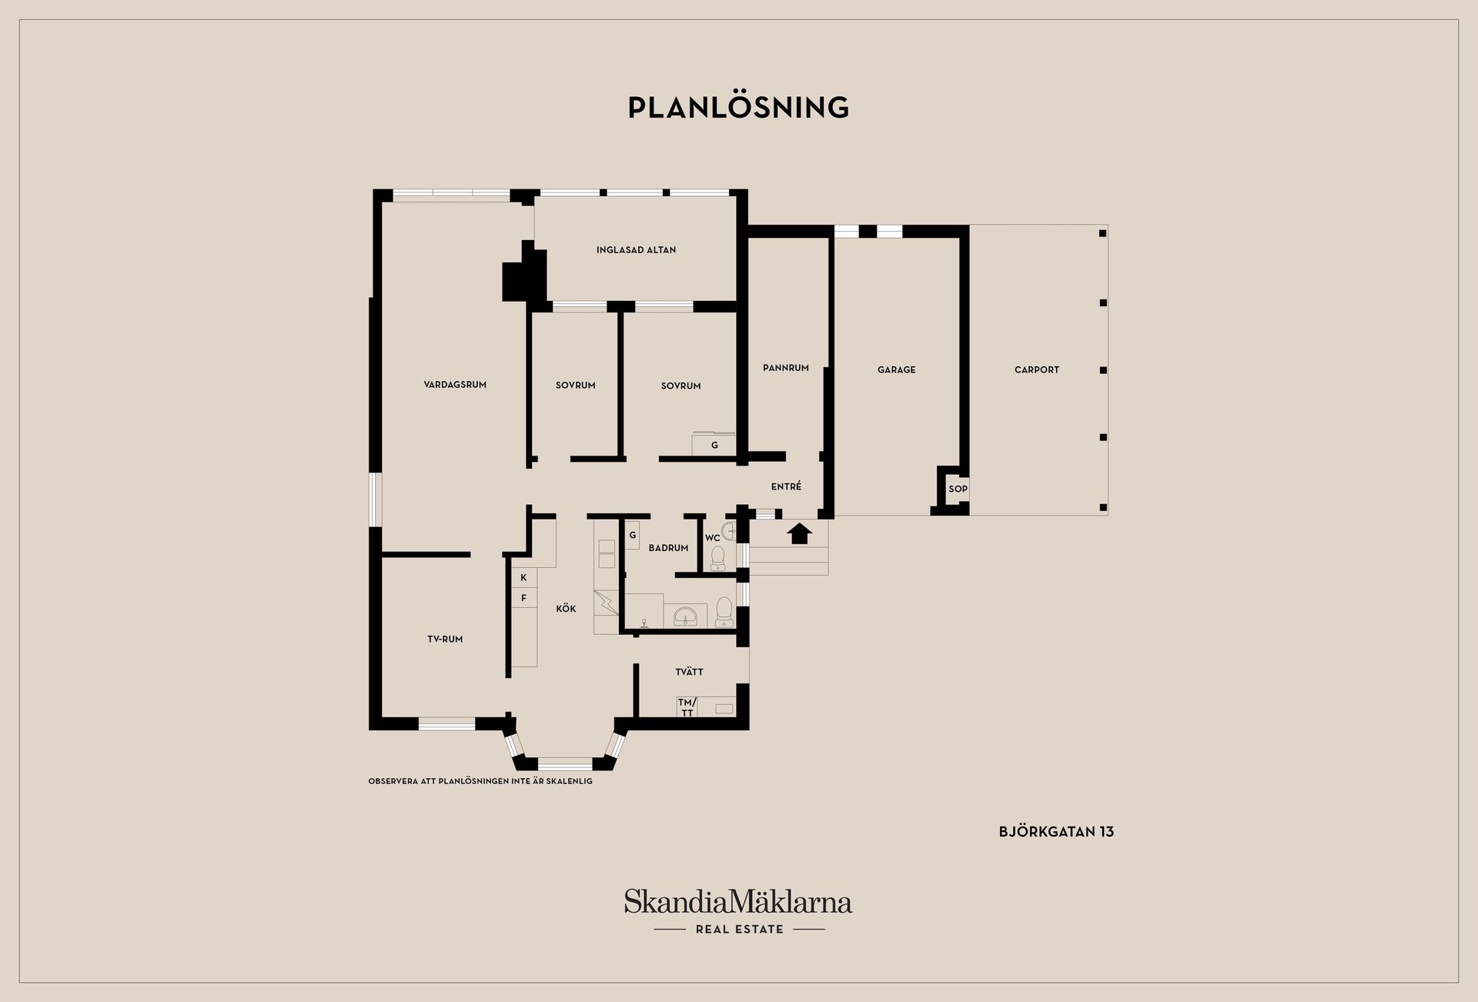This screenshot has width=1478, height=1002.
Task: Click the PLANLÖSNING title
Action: coord(738,107)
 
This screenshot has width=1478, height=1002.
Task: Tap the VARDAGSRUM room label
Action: coord(455,385)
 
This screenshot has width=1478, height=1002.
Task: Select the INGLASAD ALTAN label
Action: coord(636,250)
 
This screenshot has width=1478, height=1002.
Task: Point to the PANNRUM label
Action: coord(786,368)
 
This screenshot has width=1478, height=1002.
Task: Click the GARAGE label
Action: coord(897,370)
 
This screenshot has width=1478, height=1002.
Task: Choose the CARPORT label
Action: coord(1037,370)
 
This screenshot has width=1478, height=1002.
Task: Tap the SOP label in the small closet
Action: coord(958,489)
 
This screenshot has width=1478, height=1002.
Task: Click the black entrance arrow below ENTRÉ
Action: coord(800,533)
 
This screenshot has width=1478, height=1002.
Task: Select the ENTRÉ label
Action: coord(786,486)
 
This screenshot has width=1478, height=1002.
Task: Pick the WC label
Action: coord(713,538)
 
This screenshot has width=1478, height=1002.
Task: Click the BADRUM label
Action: coord(668,548)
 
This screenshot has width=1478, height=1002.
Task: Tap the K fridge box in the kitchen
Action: coord(524,578)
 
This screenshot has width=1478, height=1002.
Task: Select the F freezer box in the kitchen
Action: coord(524,598)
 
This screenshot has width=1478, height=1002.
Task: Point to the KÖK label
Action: coord(566,609)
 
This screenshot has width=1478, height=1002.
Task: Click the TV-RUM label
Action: coord(445,640)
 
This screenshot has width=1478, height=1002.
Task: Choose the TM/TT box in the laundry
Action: coord(687,707)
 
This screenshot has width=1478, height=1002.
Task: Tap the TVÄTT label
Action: coord(689,672)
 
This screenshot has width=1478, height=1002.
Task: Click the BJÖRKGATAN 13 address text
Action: coord(1056,832)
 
